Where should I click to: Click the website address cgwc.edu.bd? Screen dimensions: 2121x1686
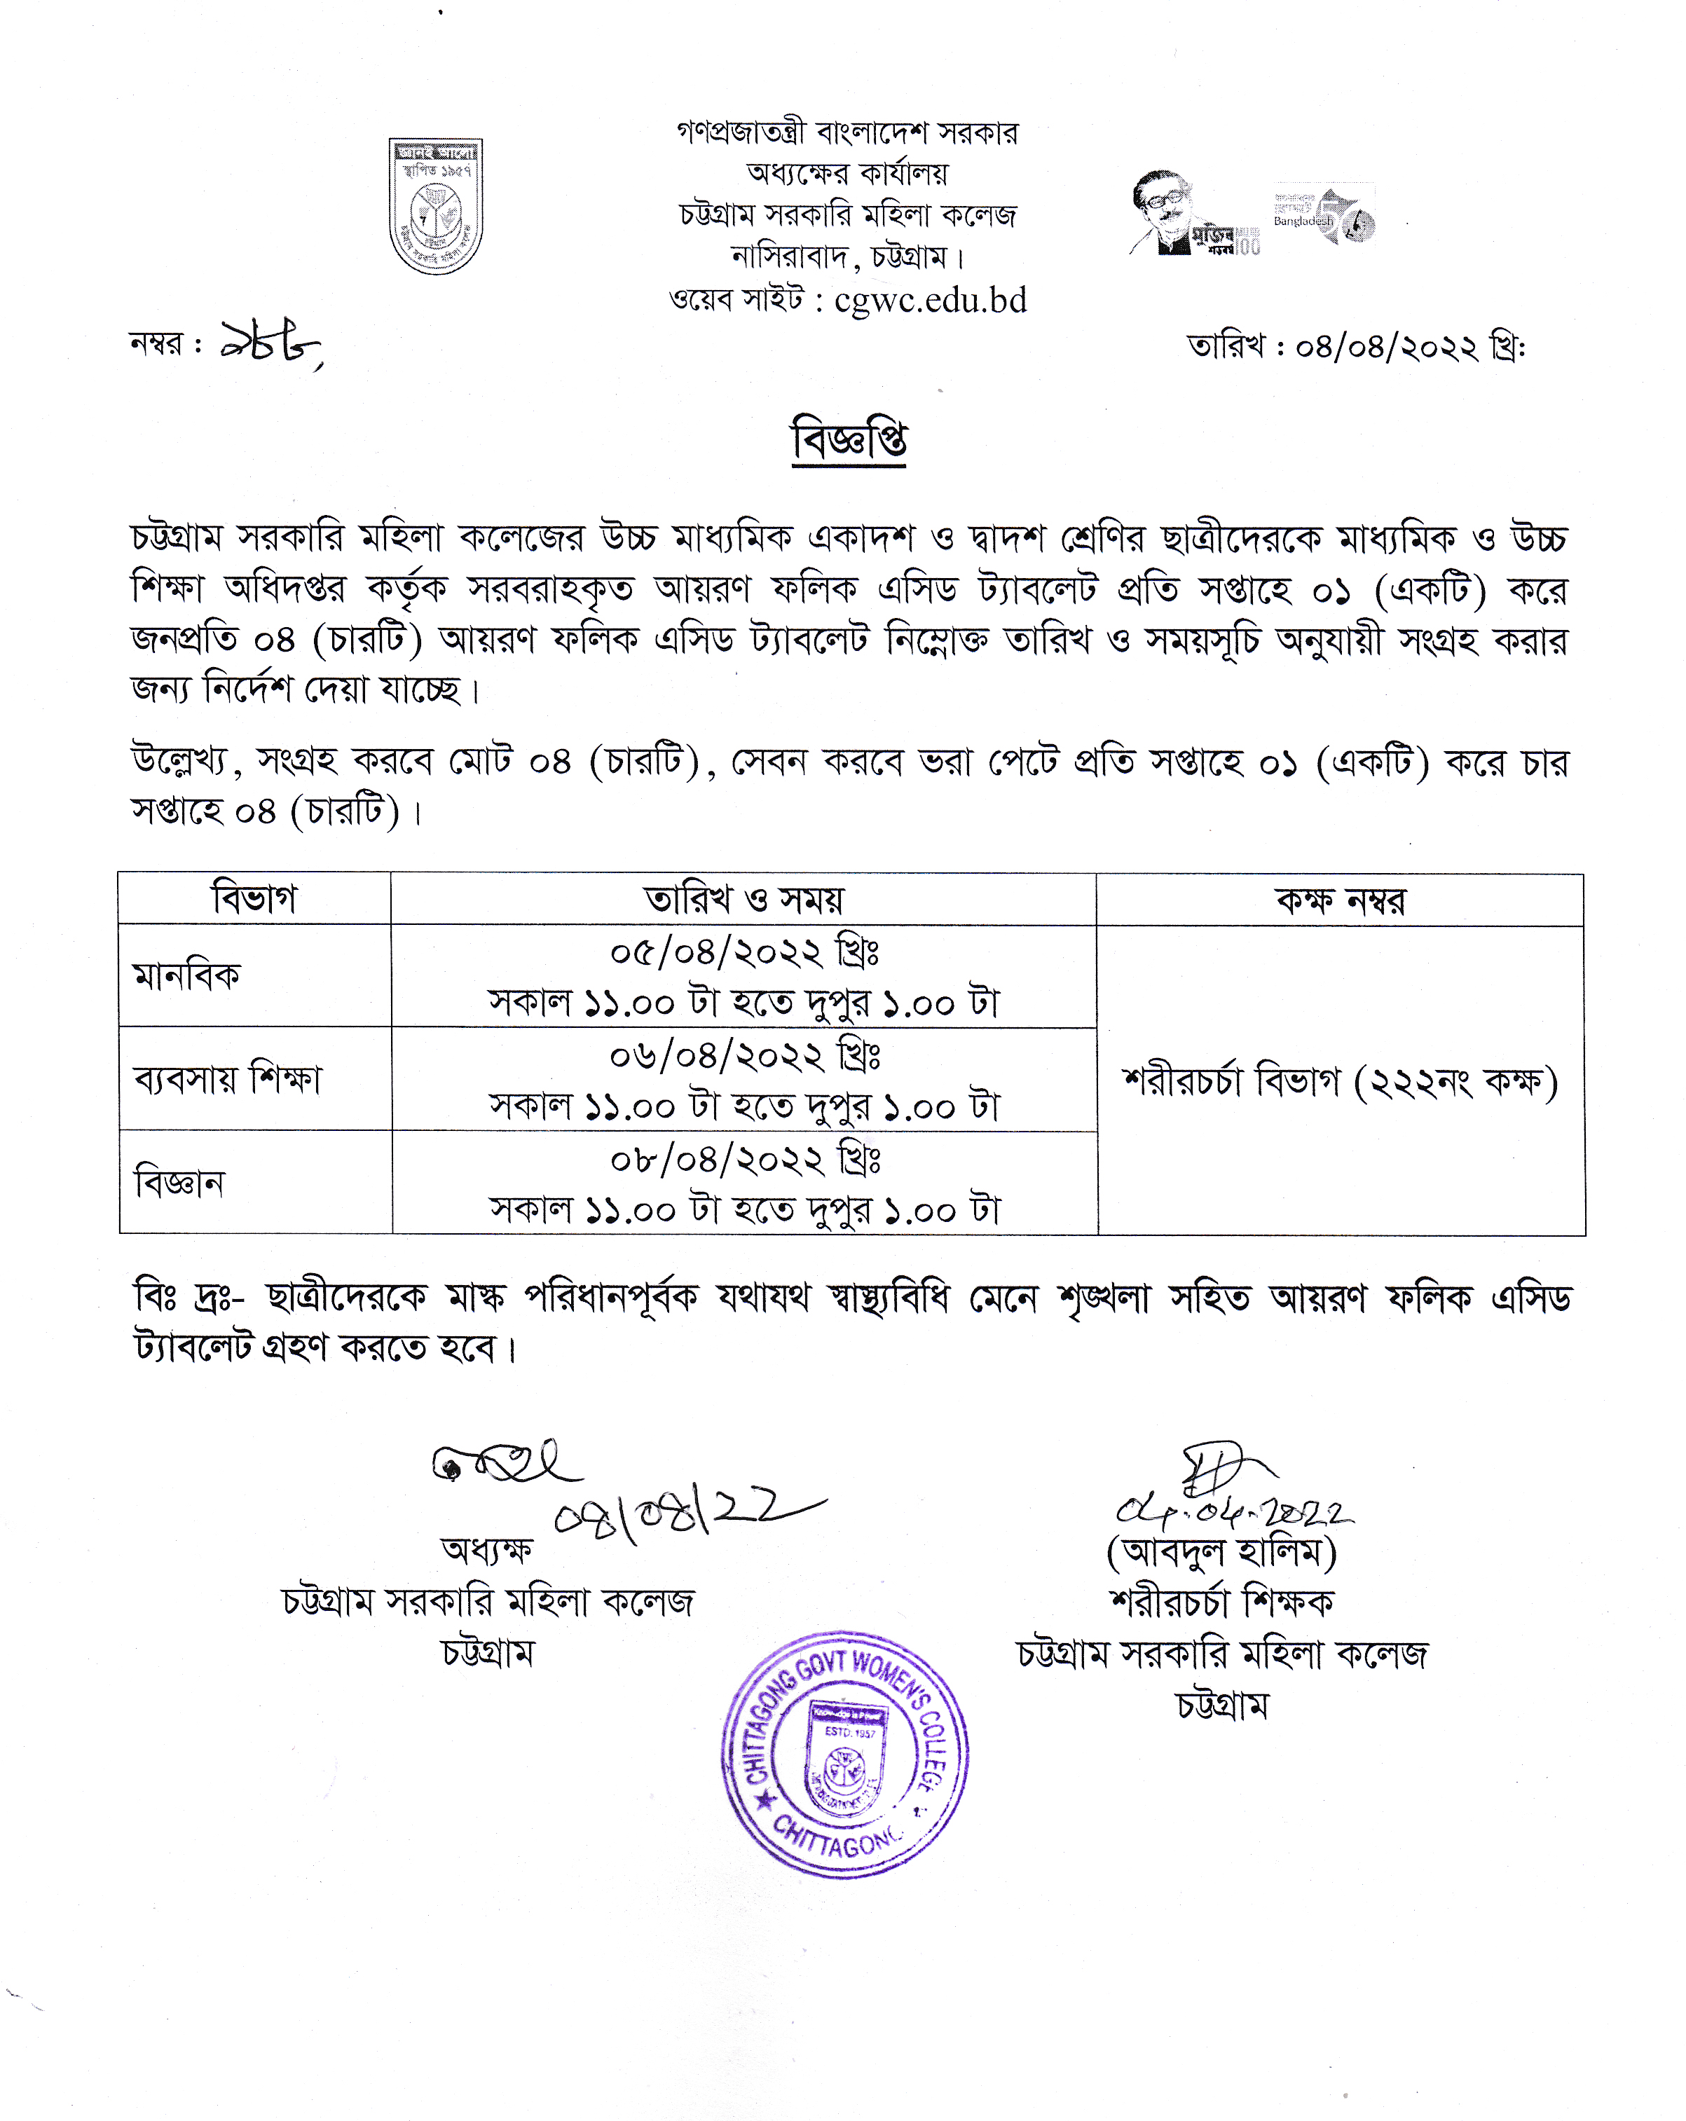pyautogui.click(x=930, y=300)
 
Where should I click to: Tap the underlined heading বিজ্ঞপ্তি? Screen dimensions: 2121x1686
pyautogui.click(x=849, y=440)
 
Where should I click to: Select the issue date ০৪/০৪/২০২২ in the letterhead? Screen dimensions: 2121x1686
pyautogui.click(x=1386, y=348)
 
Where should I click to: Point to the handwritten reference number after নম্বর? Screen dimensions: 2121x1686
pyautogui.click(x=268, y=344)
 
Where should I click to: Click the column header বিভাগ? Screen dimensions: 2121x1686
pyautogui.click(x=254, y=899)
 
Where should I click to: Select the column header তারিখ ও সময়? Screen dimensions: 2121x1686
pyautogui.click(x=743, y=899)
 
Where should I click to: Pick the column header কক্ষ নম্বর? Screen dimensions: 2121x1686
pyautogui.click(x=1340, y=900)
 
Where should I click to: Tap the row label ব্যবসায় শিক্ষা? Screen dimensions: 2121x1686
pyautogui.click(x=227, y=1079)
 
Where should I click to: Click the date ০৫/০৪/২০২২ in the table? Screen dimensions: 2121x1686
pyautogui.click(x=743, y=952)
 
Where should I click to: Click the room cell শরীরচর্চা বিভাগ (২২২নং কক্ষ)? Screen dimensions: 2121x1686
pyautogui.click(x=1340, y=1082)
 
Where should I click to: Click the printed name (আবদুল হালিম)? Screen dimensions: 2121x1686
pyautogui.click(x=1221, y=1552)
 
